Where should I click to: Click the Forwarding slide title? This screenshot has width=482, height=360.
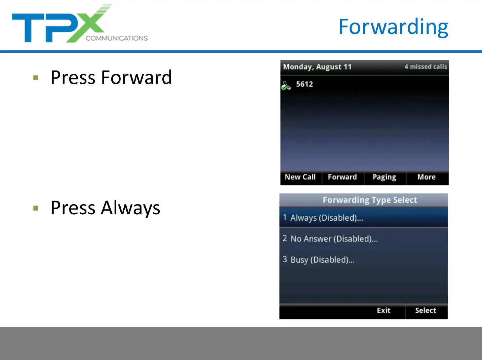(x=393, y=27)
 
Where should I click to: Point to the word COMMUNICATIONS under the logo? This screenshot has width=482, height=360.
(x=117, y=38)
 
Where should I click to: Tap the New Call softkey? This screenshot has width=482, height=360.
(x=300, y=177)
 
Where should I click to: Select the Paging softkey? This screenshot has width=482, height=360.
(x=384, y=177)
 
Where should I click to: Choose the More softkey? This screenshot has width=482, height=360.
(x=427, y=177)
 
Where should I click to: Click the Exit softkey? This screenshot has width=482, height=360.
(x=384, y=310)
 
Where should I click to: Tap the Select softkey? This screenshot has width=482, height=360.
(x=426, y=310)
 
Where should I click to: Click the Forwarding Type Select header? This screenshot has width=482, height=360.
(x=370, y=200)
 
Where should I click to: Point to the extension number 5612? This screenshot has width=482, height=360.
(x=304, y=84)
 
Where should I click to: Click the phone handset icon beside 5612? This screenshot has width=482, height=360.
(x=286, y=86)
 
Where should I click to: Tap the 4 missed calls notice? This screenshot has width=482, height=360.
(x=426, y=66)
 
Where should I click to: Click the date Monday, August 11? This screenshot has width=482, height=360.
(x=317, y=67)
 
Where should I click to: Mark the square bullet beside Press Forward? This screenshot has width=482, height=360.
(x=36, y=78)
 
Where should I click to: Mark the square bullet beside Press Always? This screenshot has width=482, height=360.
(x=36, y=208)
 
